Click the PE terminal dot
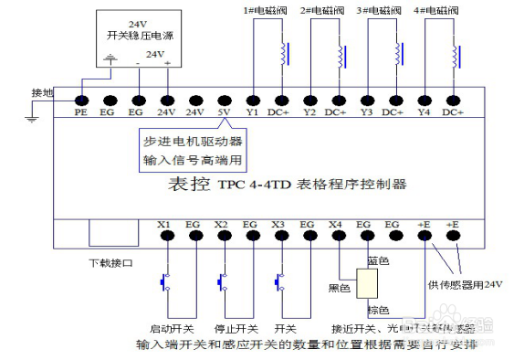click(x=80, y=100)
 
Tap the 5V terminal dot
click(x=224, y=100)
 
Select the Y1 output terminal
click(x=253, y=100)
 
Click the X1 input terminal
click(x=165, y=235)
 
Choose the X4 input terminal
click(x=336, y=235)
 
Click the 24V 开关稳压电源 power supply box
click(x=137, y=38)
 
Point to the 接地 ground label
click(x=43, y=93)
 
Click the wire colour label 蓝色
click(x=378, y=261)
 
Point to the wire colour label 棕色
click(x=378, y=310)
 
